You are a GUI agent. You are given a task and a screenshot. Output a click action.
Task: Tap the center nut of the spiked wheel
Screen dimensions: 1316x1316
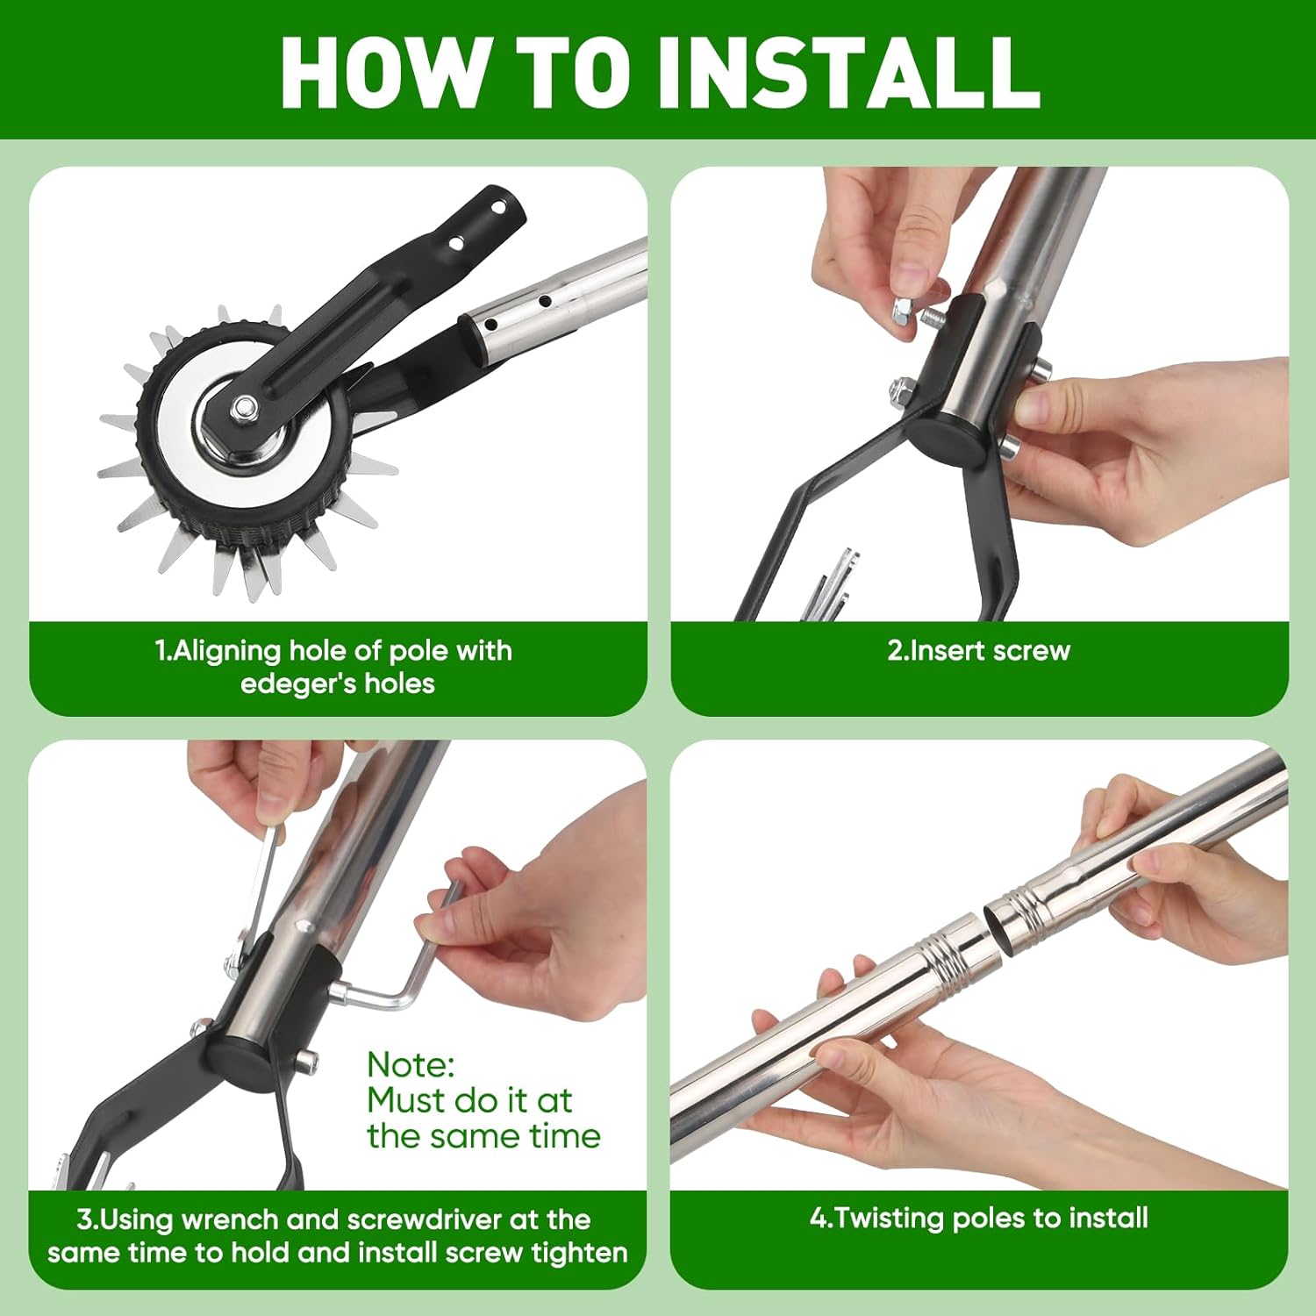(x=247, y=406)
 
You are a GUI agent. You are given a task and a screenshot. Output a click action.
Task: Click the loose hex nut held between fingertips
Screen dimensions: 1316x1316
(x=905, y=309)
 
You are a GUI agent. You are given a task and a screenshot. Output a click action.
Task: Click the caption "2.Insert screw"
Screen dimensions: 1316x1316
(x=978, y=650)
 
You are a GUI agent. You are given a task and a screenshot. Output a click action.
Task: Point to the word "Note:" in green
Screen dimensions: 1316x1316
(x=411, y=1064)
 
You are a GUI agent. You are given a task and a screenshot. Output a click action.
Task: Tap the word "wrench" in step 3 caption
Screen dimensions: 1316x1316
(x=231, y=1219)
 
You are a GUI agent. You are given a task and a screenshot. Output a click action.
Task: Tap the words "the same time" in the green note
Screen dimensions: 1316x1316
(x=483, y=1136)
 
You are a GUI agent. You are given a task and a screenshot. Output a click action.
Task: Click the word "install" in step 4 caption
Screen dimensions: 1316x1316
(x=1108, y=1218)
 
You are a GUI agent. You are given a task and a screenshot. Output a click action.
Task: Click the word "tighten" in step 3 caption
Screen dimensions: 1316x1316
(x=580, y=1253)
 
